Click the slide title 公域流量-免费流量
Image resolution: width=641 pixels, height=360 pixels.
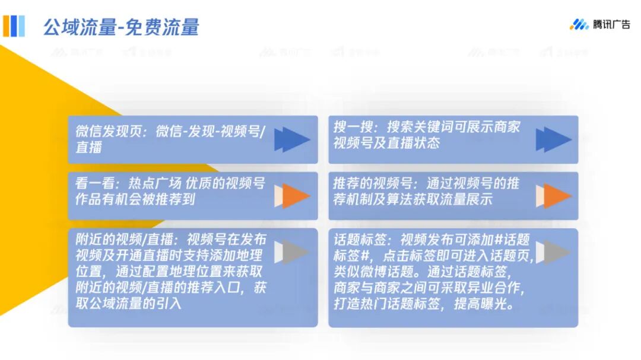(x=121, y=27)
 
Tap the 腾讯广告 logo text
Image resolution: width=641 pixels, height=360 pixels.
(x=611, y=24)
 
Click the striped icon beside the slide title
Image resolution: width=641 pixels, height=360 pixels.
(x=14, y=26)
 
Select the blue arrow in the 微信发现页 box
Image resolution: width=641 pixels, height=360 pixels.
(x=292, y=139)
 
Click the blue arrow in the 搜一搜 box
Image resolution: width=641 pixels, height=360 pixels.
(x=553, y=139)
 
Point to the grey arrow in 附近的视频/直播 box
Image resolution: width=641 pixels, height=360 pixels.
(x=292, y=252)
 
